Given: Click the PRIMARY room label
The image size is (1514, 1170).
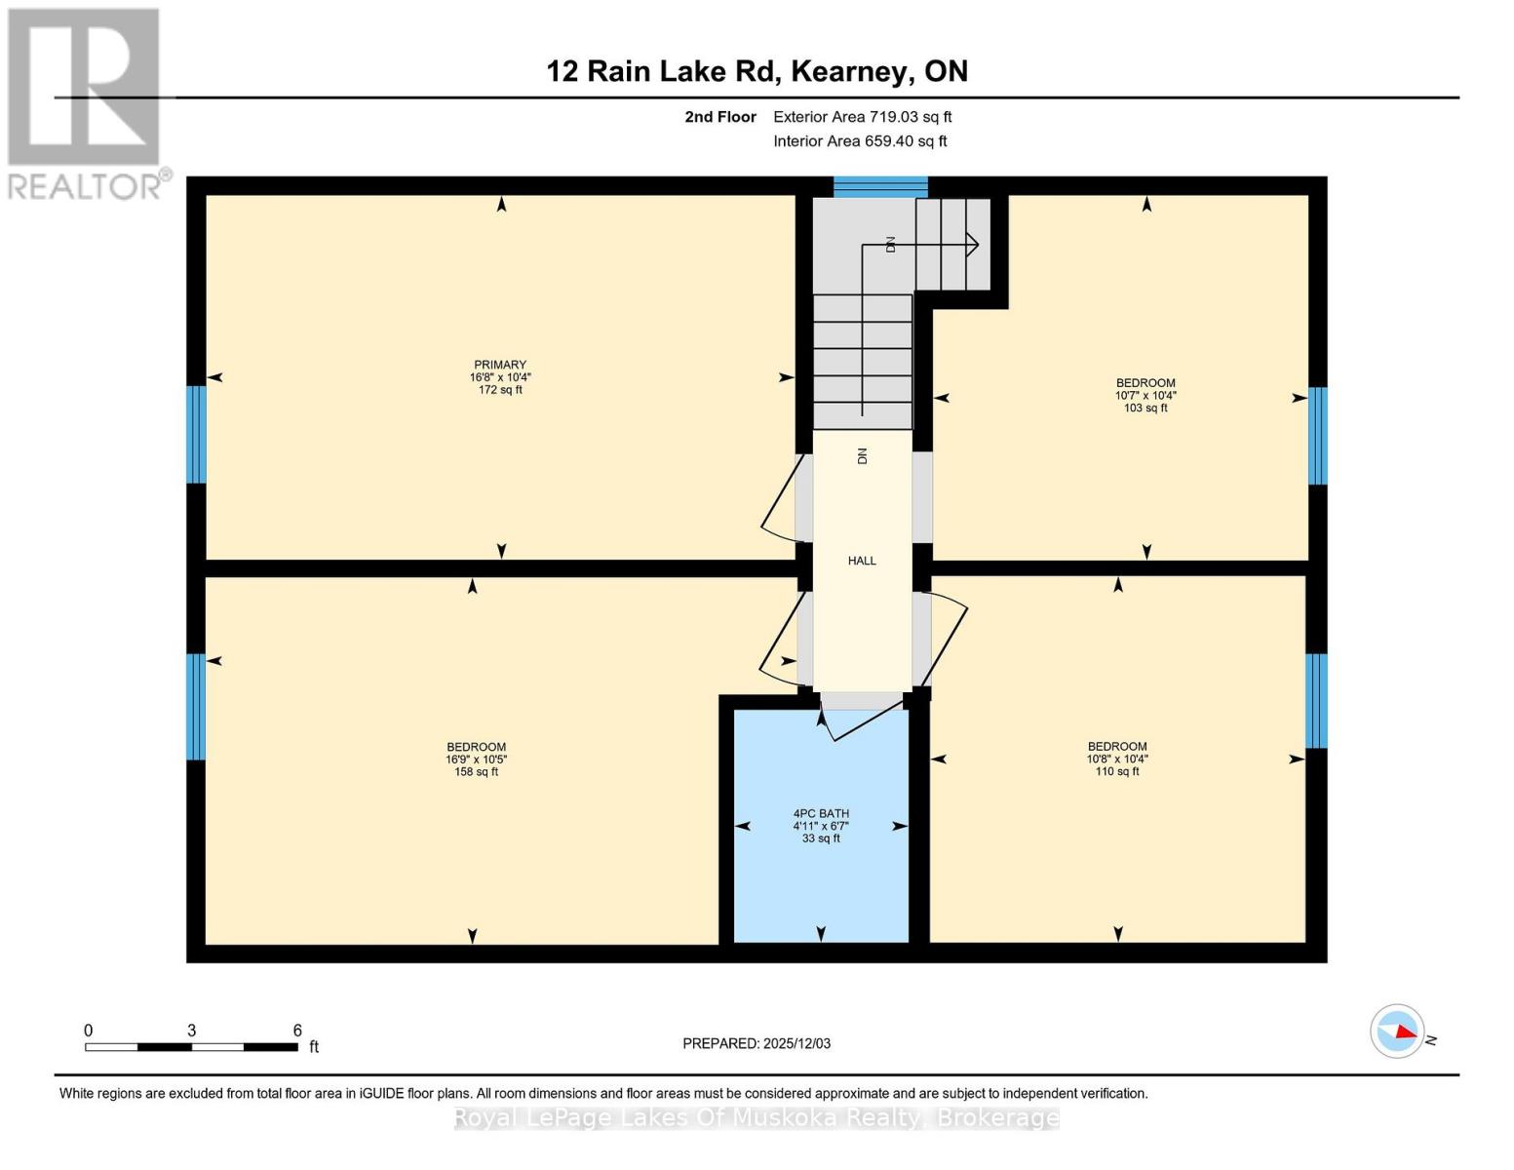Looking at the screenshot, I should [x=500, y=365].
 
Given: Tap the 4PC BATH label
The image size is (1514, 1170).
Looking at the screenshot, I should [x=821, y=813].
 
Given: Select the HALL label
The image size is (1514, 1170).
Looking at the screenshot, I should [x=862, y=561].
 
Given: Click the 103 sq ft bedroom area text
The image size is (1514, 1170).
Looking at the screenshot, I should [x=1145, y=409].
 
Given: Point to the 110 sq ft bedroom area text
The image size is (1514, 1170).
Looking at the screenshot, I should [x=1117, y=771].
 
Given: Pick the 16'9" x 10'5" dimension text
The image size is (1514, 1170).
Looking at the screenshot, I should [x=477, y=760].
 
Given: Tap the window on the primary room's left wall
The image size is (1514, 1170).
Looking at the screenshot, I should [x=196, y=434].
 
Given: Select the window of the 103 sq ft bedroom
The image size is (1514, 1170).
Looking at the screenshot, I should [x=1317, y=436].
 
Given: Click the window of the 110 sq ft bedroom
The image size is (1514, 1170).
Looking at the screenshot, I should [x=1316, y=700].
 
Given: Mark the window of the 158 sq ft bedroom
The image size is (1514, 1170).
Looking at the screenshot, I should [x=196, y=706].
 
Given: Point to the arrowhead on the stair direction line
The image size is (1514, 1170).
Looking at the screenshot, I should [x=971, y=245].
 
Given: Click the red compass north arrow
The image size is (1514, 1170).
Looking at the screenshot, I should [x=1405, y=1031].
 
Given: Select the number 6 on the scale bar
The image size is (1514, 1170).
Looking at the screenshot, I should [x=297, y=1031].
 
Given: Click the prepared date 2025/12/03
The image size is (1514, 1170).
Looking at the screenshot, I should [x=796, y=1043].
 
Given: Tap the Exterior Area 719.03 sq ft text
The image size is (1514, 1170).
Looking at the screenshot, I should [x=862, y=117].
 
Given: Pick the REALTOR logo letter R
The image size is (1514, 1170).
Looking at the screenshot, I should [x=83, y=88].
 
